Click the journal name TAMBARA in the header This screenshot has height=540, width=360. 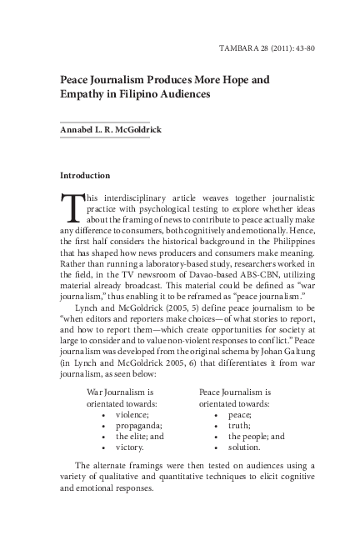(x=239, y=47)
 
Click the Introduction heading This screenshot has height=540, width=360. (x=85, y=176)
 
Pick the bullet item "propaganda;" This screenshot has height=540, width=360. (x=138, y=424)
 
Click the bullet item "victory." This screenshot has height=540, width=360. (x=132, y=447)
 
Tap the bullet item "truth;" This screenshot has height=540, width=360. (x=240, y=424)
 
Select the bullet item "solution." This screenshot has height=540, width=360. (x=246, y=447)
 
